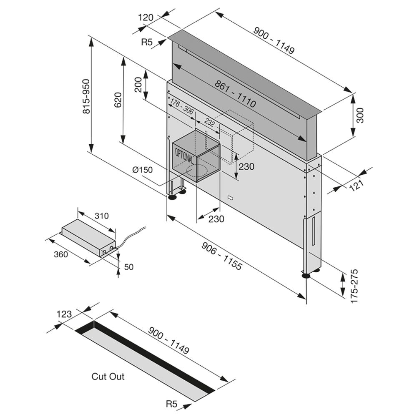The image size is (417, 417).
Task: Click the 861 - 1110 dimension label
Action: pos(235,92)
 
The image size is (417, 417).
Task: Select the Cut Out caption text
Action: pos(108,377)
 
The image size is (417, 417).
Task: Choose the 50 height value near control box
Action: pos(129,267)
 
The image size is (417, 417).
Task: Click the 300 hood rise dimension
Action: pos(361,115)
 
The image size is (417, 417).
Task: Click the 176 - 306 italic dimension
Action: pos(181,107)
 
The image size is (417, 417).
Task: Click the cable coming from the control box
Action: pos(133,236)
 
